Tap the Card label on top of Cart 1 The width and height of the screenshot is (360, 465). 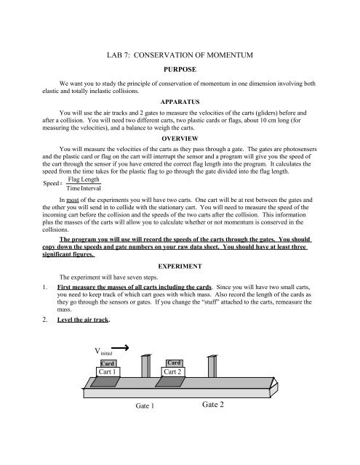(107, 363)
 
